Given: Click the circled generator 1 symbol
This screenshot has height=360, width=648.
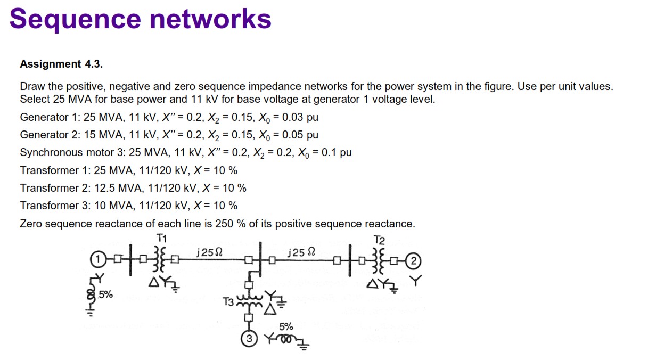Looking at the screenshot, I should pyautogui.click(x=97, y=260).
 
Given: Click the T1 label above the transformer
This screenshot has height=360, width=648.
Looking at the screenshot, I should pyautogui.click(x=162, y=237).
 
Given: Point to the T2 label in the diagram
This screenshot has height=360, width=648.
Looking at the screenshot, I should pyautogui.click(x=379, y=239).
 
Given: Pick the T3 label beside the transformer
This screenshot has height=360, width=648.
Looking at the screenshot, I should pyautogui.click(x=228, y=302).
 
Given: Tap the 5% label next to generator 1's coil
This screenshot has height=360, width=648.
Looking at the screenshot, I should pyautogui.click(x=105, y=294).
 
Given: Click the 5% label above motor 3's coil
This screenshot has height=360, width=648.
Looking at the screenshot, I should pyautogui.click(x=286, y=326).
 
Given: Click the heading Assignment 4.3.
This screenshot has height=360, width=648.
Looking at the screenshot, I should pyautogui.click(x=61, y=64).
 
